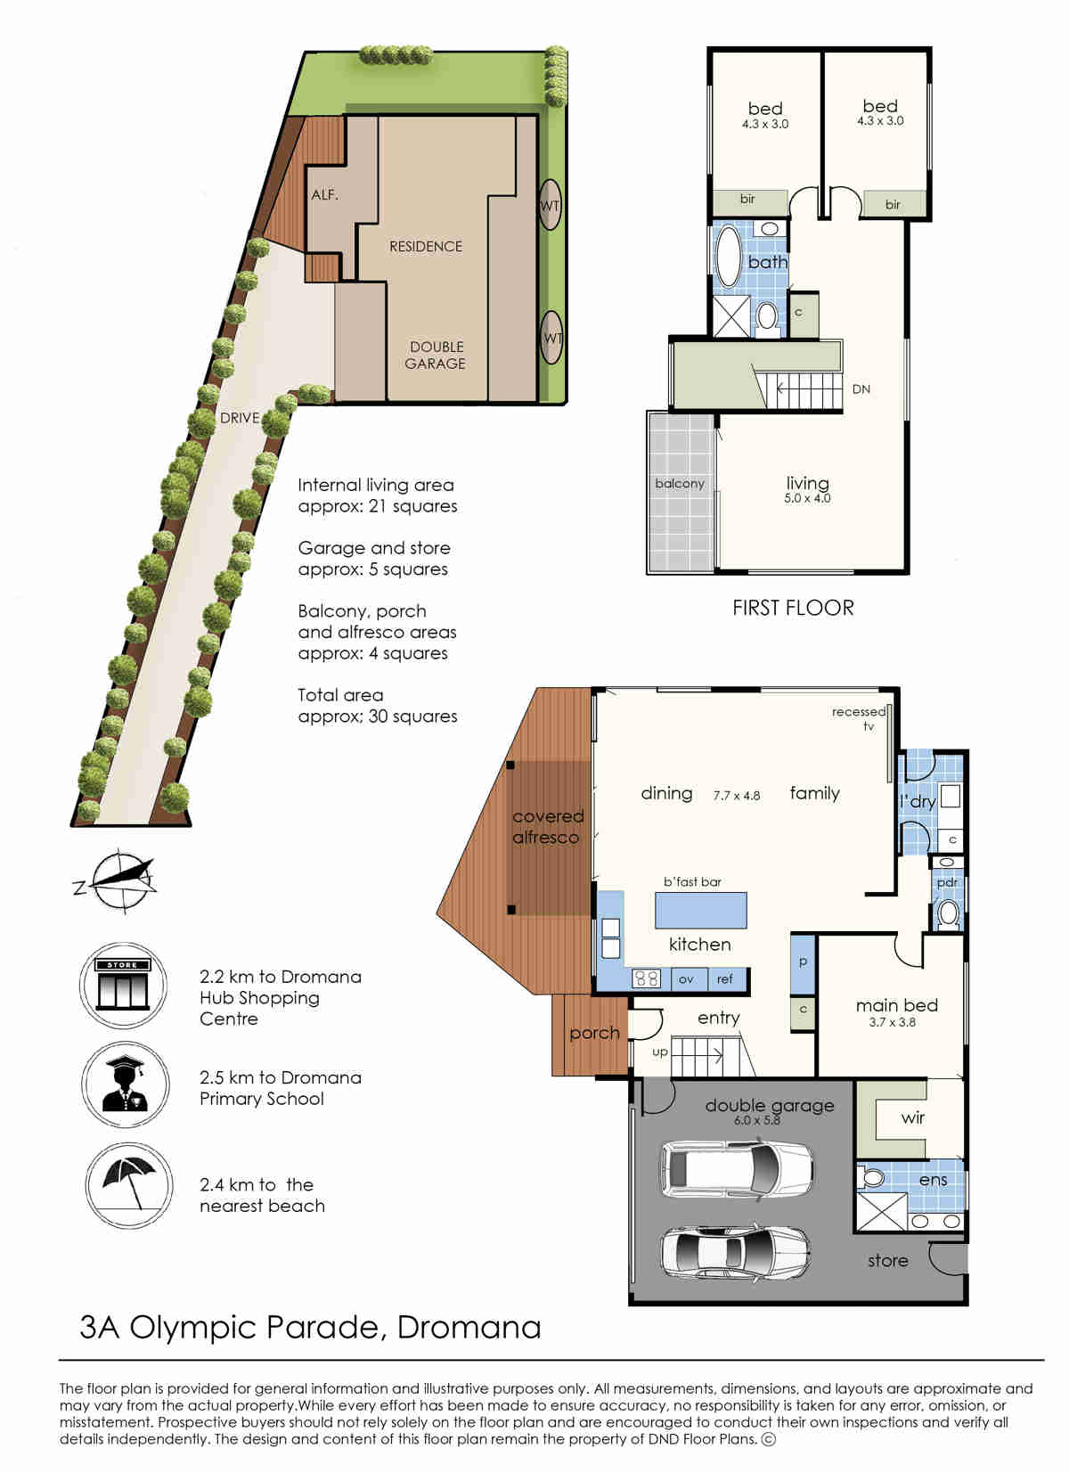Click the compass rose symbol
(x=119, y=881)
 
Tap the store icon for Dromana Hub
(x=123, y=986)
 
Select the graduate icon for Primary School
(x=125, y=1084)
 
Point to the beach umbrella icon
(x=129, y=1185)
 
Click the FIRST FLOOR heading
(x=793, y=608)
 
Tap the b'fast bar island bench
(x=701, y=910)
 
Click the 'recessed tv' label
(x=860, y=718)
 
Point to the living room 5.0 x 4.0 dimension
(x=807, y=498)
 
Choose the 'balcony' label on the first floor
(x=680, y=483)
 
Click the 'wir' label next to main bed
(x=912, y=1117)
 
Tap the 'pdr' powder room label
(x=947, y=883)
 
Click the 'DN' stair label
(x=861, y=389)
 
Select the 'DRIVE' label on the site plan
(x=240, y=418)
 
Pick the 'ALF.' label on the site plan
(x=325, y=194)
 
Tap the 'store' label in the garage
(x=888, y=1261)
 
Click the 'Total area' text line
(x=340, y=695)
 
